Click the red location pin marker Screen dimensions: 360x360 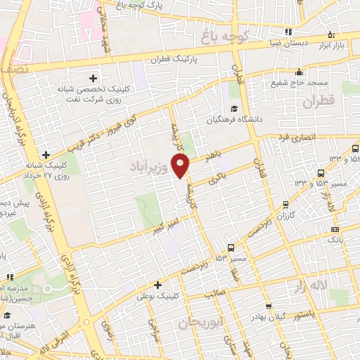181,166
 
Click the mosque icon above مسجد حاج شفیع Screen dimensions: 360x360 300,72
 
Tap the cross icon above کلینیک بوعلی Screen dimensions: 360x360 158,285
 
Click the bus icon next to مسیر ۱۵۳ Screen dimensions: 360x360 231,247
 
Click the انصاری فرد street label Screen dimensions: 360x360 304,136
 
